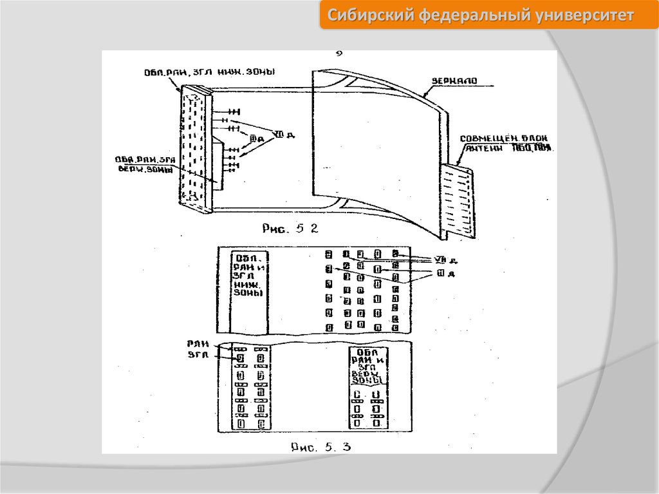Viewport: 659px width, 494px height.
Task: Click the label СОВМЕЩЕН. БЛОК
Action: coord(505,139)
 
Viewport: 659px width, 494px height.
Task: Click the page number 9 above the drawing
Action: coord(339,54)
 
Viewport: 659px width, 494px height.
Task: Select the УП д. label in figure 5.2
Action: coord(283,135)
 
